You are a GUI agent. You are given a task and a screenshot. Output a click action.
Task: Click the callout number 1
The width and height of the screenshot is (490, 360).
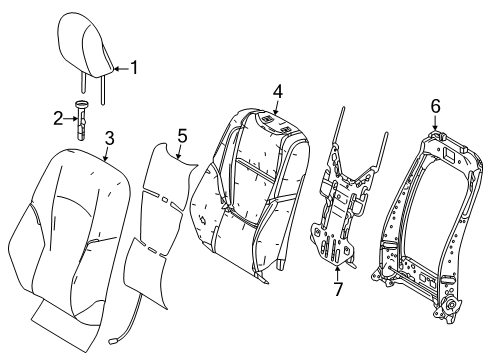click(136, 69)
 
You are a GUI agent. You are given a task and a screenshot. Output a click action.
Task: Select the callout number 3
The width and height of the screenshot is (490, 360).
click(107, 137)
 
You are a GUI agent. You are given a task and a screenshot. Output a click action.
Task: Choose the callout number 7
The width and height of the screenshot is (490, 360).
click(336, 290)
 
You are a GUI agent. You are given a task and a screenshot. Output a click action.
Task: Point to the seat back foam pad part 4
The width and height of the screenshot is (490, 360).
click(250, 190)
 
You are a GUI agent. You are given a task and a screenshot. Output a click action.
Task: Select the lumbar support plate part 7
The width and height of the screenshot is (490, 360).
click(340, 210)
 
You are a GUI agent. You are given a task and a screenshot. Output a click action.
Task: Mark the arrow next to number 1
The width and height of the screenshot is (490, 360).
click(122, 69)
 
